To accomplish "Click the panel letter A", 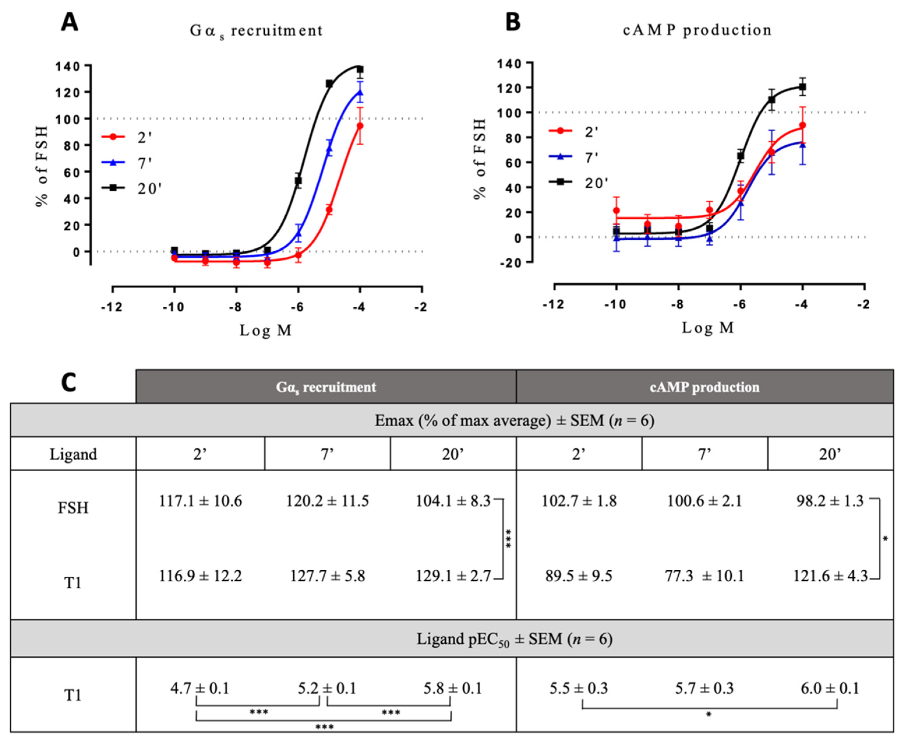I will click(70, 22).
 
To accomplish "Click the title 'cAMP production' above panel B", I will click(697, 30).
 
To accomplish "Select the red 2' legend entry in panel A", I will click(127, 137).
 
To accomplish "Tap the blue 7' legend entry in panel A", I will click(127, 163).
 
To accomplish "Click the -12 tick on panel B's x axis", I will click(554, 304).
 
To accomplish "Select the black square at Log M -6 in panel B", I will click(740, 156).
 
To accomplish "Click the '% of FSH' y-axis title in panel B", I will click(480, 159).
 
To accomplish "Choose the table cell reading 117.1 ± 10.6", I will click(200, 501).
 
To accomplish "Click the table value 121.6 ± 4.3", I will click(830, 575).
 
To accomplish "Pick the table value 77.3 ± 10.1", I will click(704, 575).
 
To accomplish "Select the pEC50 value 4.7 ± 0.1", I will click(200, 688).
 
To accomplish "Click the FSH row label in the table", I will click(73, 508).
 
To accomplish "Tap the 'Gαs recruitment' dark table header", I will click(326, 387).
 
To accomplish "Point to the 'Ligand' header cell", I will click(73, 453).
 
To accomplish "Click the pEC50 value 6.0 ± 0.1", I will click(830, 688).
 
